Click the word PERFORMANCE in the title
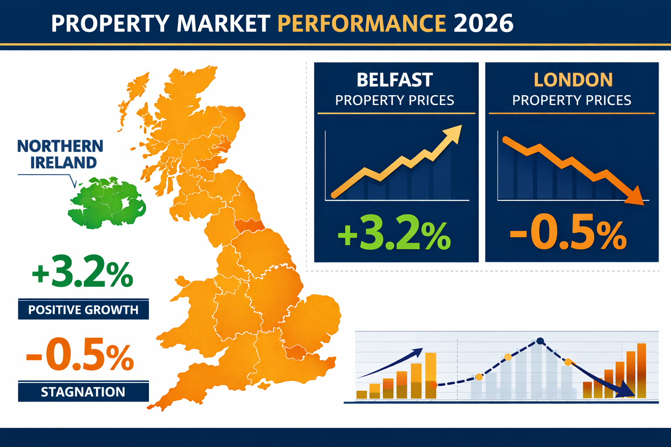(362, 23)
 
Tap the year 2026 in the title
(483, 23)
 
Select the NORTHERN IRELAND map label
(60, 154)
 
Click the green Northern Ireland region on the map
(106, 203)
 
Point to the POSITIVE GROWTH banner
(83, 309)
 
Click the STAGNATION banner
(83, 392)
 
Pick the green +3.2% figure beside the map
(82, 275)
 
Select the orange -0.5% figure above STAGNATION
(80, 355)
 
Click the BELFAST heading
(394, 80)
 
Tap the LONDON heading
(573, 80)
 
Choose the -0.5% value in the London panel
(568, 234)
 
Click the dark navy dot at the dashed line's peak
(540, 341)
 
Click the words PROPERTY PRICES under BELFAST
(394, 100)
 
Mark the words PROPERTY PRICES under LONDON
(571, 100)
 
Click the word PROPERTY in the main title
(110, 23)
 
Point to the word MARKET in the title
(223, 23)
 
